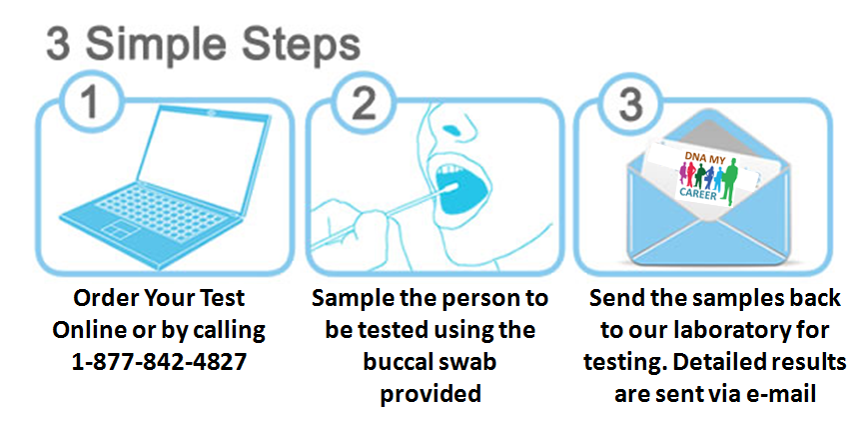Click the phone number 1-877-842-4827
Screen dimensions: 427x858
[160, 360]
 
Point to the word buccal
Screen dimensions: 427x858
[429, 361]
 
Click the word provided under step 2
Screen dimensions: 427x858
[429, 393]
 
